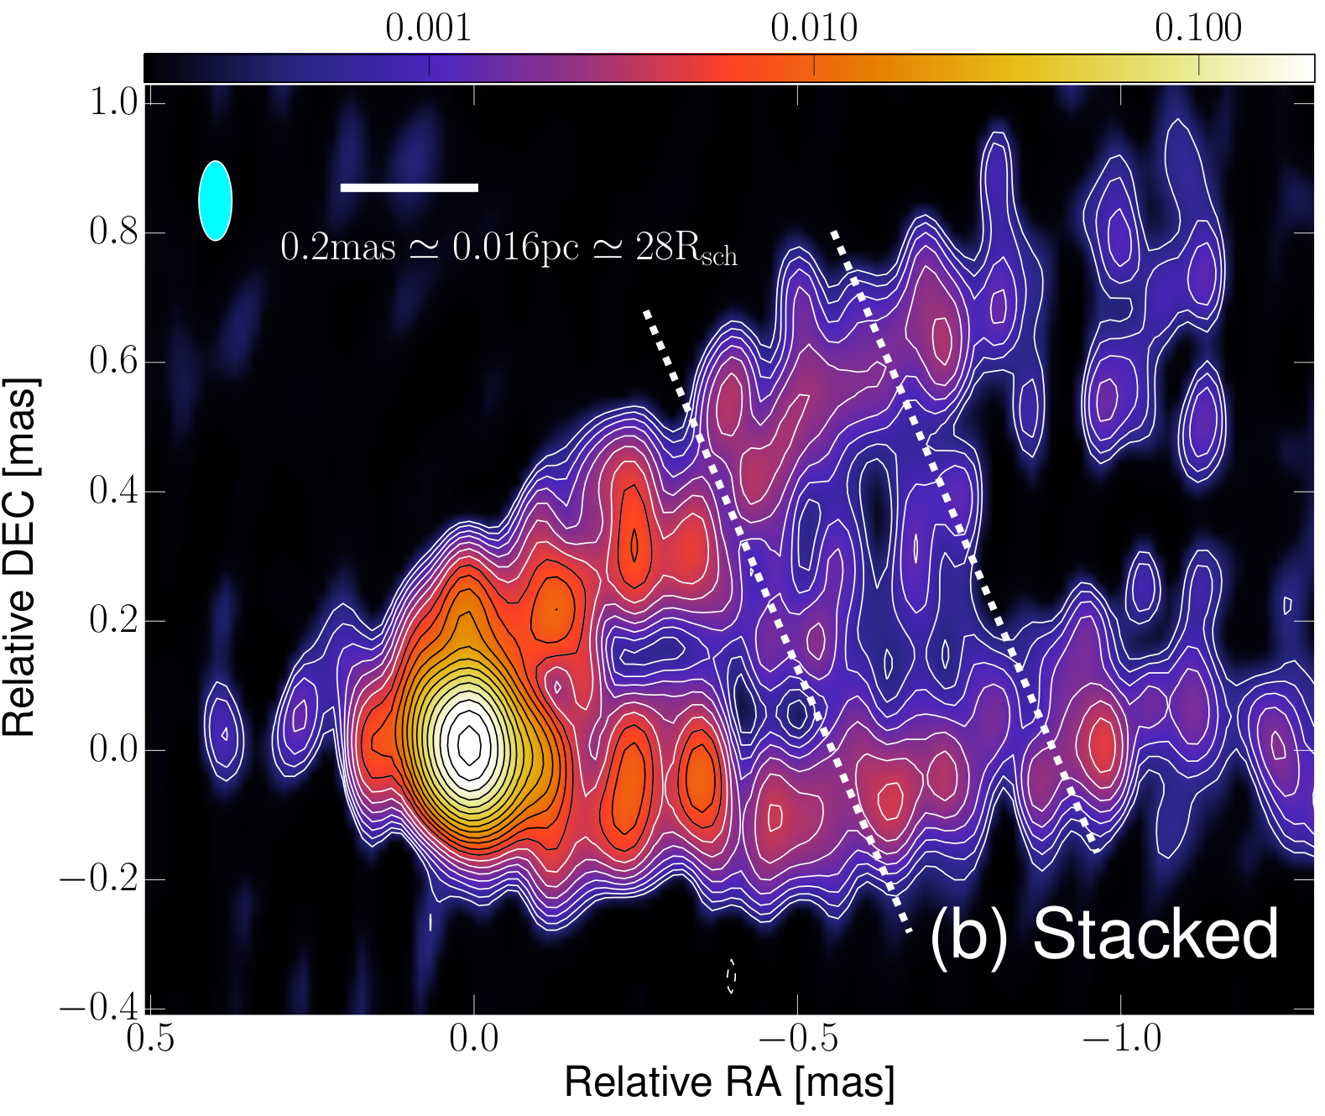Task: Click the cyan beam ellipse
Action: pos(215,201)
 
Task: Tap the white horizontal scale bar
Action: pos(409,187)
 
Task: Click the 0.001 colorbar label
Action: pos(428,29)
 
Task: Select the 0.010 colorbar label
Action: pos(813,29)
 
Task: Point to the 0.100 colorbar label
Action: pos(1198,29)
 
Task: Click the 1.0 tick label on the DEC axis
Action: pos(114,102)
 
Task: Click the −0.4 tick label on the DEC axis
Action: pos(100,1008)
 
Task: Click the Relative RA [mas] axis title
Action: pos(730,1083)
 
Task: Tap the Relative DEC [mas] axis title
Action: pos(20,557)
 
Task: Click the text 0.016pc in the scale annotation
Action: pos(515,248)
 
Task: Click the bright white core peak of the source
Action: pos(470,743)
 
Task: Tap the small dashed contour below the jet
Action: pos(731,976)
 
